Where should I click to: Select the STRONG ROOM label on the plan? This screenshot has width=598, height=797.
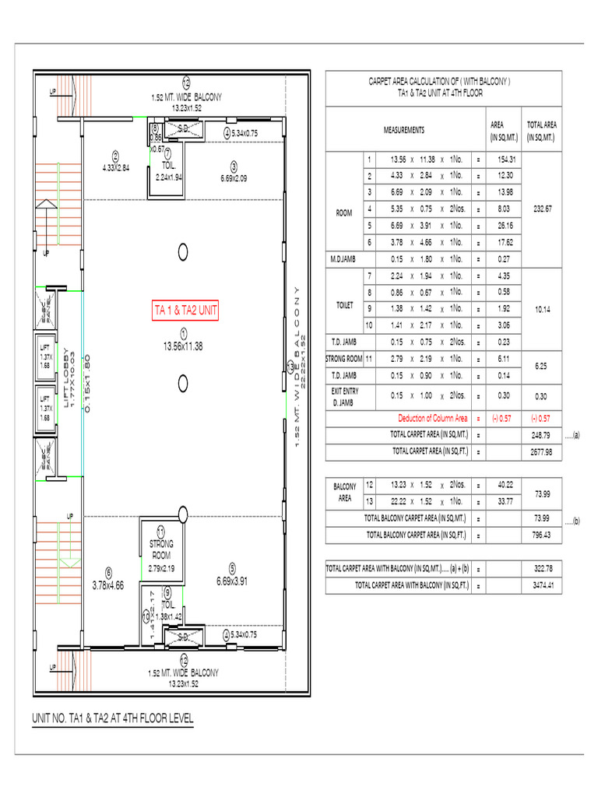coord(160,549)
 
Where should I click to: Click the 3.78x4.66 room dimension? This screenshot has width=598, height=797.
coord(108,585)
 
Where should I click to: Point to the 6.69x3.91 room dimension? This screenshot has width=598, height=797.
coord(231,581)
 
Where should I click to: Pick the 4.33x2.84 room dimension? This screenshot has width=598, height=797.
coord(115,167)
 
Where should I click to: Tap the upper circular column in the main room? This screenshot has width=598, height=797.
coord(184,251)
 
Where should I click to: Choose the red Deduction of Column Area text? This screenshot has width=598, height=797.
coord(433,418)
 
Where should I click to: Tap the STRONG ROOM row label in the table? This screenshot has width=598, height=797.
coord(343,359)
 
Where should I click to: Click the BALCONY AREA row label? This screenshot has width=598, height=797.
coord(343,493)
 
